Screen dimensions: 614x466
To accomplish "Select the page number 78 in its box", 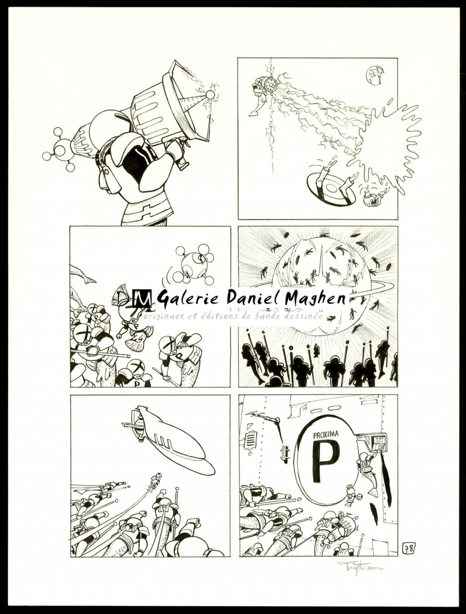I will pyautogui.click(x=408, y=548).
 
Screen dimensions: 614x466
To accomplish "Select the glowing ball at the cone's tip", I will pyautogui.click(x=210, y=95).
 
